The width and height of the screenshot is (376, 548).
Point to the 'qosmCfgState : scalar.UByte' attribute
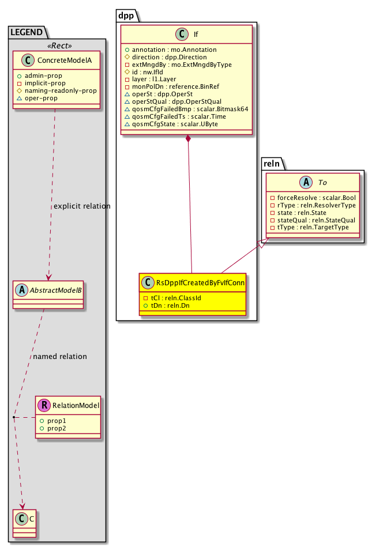[x=171, y=124]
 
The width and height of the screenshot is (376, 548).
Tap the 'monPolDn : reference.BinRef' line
[x=170, y=87]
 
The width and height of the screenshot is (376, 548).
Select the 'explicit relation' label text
[x=82, y=206]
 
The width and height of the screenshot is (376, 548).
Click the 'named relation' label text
[x=60, y=356]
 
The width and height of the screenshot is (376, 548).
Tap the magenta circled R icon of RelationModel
[x=44, y=405]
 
